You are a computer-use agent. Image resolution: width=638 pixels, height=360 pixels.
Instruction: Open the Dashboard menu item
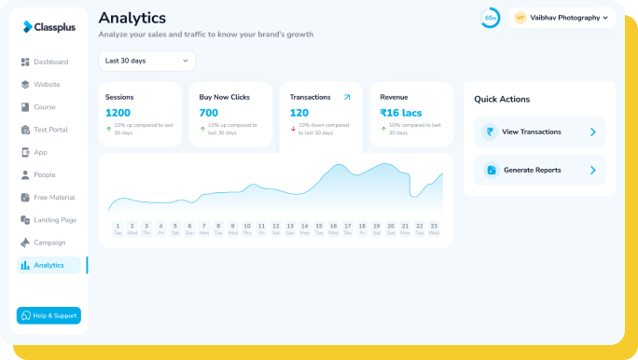(50, 62)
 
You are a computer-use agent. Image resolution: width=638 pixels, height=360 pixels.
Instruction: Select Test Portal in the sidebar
(50, 130)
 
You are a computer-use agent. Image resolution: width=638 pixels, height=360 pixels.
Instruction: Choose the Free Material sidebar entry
(54, 198)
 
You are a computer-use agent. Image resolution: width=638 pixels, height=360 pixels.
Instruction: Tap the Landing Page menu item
(54, 220)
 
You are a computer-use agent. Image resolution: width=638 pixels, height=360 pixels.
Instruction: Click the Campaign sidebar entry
(49, 242)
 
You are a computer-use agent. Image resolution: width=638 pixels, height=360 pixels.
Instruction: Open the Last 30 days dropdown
(146, 61)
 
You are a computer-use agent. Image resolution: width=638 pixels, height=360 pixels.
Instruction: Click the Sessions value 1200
(118, 113)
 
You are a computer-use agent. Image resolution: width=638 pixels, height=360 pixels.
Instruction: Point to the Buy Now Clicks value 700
(209, 113)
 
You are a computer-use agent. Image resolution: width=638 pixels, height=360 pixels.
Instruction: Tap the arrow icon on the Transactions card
(347, 97)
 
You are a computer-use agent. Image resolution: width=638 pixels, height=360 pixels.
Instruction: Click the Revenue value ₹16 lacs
(400, 113)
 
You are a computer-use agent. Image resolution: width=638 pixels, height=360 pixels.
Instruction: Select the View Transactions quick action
(539, 132)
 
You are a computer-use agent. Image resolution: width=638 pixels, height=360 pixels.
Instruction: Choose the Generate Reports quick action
(539, 170)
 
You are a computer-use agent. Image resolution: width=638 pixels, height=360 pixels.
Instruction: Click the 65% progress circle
(490, 18)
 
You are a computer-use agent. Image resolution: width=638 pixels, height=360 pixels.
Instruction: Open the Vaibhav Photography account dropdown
(563, 18)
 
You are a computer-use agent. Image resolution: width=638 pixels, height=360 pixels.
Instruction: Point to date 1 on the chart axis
(118, 228)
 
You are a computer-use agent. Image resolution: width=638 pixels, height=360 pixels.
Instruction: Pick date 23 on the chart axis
(434, 228)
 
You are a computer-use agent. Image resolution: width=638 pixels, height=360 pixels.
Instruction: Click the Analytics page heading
(132, 18)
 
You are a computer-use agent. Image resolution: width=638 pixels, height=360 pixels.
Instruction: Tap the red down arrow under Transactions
(293, 130)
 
